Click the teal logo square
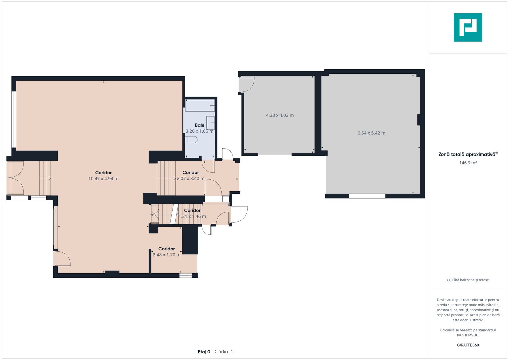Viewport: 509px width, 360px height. coord(468,27)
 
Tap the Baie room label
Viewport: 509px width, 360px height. coord(200,125)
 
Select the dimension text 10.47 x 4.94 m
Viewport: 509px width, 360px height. coord(103,179)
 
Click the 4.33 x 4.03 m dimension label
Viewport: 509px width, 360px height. coord(280,115)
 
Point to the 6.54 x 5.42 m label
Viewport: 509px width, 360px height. coord(371,133)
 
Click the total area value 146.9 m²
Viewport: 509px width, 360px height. coord(468,163)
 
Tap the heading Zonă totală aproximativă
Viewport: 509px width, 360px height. coord(468,154)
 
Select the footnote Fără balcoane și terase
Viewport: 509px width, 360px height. coord(468,280)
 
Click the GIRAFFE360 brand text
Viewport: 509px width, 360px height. coord(468,345)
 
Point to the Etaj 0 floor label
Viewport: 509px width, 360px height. coord(204,352)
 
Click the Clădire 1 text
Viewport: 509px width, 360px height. coord(224,352)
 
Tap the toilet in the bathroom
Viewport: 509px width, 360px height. coord(191,140)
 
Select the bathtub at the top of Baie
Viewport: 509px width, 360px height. coord(200,105)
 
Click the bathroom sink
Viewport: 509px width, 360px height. coord(210,123)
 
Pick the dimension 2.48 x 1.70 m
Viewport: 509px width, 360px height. coord(167,255)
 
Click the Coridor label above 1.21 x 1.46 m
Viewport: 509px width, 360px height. coord(192,210)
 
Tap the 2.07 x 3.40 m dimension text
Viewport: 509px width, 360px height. coord(191,179)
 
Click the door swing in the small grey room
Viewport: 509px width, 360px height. coord(247,85)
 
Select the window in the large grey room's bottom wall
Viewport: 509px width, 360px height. coord(367,196)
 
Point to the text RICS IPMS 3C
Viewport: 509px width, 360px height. coord(468,335)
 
